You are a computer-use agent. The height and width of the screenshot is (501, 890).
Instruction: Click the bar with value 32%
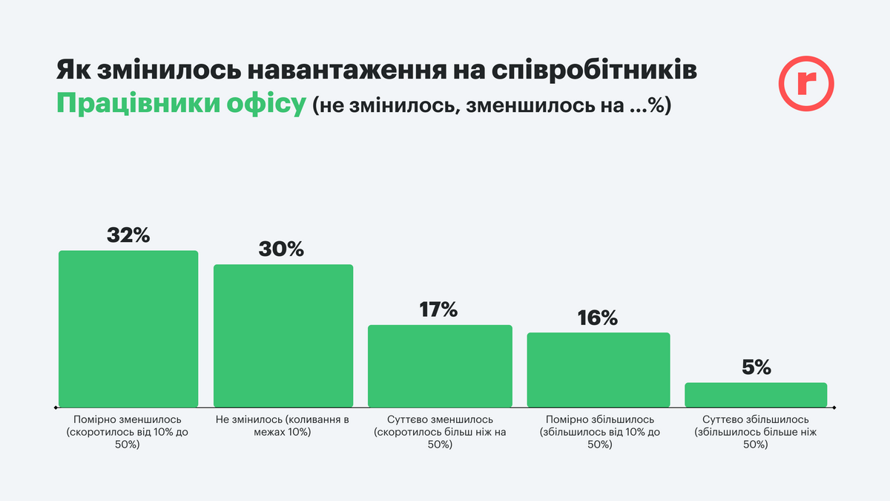click(x=128, y=328)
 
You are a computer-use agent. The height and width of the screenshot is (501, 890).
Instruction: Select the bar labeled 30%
click(x=283, y=335)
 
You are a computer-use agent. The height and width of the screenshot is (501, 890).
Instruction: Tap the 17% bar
click(x=440, y=366)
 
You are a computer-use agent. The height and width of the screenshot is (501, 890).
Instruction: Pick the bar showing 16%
click(x=598, y=370)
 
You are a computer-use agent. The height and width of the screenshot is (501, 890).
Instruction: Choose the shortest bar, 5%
click(x=755, y=394)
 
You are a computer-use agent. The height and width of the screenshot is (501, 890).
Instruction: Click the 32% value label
click(x=128, y=235)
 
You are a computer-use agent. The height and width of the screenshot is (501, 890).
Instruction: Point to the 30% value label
click(x=281, y=249)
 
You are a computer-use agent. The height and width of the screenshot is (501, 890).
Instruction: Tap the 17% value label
click(x=438, y=310)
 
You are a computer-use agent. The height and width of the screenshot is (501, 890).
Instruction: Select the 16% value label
click(x=598, y=318)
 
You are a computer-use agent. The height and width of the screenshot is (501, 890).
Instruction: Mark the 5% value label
click(x=756, y=367)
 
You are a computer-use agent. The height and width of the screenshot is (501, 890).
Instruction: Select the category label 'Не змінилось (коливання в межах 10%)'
click(x=283, y=426)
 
